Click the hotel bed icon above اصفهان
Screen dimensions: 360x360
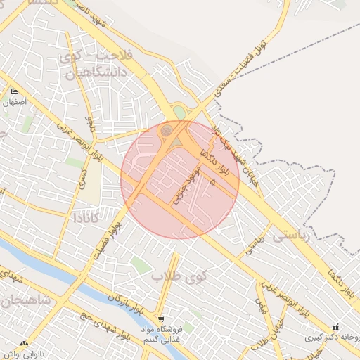(15, 91)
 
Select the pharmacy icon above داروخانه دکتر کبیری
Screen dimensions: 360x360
(336, 326)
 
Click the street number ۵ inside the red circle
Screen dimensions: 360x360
(212, 181)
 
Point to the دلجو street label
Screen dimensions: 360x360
(89, 124)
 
